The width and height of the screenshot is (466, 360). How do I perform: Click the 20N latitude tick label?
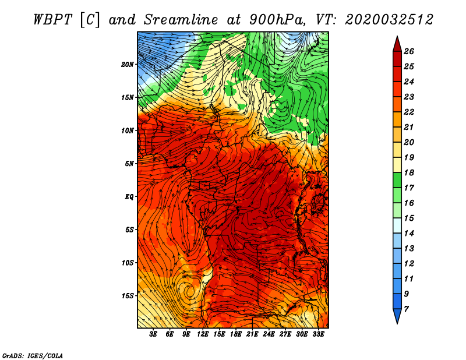click(128, 65)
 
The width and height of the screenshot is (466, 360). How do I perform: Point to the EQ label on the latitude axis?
click(129, 197)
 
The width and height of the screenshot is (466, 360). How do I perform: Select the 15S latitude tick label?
click(128, 296)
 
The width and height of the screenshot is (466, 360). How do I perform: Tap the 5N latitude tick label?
click(129, 164)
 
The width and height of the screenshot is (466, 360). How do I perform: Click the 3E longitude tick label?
click(153, 334)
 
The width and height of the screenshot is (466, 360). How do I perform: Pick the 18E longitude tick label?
click(236, 334)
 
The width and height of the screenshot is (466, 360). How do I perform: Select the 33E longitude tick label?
click(318, 334)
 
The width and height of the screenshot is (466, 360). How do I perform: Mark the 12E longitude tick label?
click(203, 334)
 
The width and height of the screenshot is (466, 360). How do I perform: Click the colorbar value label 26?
click(409, 51)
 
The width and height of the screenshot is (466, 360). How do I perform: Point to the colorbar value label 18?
click(409, 172)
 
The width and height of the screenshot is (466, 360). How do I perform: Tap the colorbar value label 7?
click(407, 309)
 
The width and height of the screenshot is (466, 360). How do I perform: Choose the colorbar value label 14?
click(409, 234)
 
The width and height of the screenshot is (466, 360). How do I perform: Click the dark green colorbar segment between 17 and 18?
click(397, 180)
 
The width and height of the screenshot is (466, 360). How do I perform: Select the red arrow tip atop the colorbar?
click(397, 36)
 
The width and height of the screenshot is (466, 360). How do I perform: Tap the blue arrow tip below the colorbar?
click(397, 323)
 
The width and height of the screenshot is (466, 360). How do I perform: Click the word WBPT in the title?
click(53, 20)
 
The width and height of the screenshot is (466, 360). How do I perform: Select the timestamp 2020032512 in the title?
click(389, 20)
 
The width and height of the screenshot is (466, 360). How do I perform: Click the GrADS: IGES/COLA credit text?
click(33, 355)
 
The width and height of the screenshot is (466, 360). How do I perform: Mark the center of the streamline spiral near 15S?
click(188, 291)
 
